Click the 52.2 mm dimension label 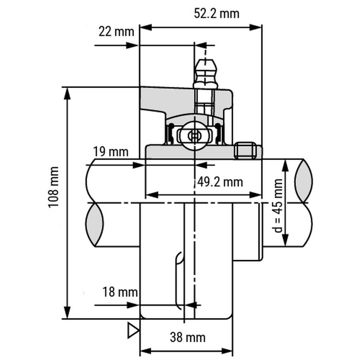(216, 13)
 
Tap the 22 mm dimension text (116, 32)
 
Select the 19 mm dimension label (111, 152)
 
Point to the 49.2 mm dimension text (220, 182)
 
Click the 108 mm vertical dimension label (54, 187)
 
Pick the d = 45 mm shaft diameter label (278, 206)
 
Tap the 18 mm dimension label (120, 292)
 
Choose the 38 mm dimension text (188, 338)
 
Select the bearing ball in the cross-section (194, 136)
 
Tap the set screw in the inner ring (245, 150)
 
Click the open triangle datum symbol (133, 330)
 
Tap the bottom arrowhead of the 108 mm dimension (67, 312)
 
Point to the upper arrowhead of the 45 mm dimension (285, 165)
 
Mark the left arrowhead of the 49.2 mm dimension (152, 195)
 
